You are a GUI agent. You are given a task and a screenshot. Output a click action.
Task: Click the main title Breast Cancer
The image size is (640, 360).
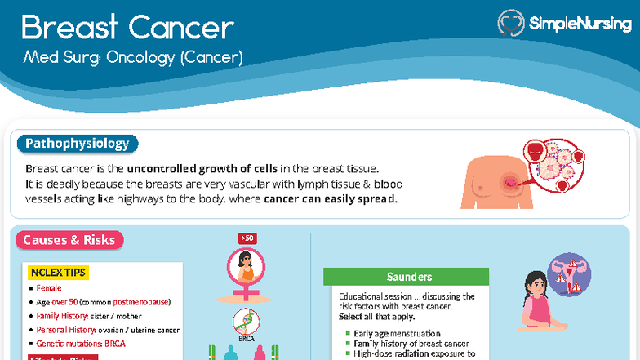[x=127, y=28]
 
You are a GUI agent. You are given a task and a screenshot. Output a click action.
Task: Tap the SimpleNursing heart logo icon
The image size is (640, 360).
[x=511, y=23]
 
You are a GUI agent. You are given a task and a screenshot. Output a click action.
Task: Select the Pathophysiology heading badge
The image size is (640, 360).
[x=78, y=144]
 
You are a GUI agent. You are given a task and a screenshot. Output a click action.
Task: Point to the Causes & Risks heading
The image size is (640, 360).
[x=69, y=240]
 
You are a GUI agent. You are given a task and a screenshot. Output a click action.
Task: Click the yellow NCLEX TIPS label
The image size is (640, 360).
[x=58, y=272]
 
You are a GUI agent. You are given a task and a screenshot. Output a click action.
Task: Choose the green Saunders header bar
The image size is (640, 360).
[x=406, y=277]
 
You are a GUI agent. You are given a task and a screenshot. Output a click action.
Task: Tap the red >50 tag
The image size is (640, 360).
[x=247, y=238]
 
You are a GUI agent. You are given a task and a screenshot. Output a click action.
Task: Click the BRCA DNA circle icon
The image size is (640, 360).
[x=246, y=319]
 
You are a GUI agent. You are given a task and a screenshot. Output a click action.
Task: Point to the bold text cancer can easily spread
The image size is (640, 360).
[x=331, y=199]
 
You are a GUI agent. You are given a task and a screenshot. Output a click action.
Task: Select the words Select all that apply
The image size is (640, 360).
[x=377, y=317]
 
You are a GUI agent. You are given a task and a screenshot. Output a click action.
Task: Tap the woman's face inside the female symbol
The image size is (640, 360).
[x=246, y=265]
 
